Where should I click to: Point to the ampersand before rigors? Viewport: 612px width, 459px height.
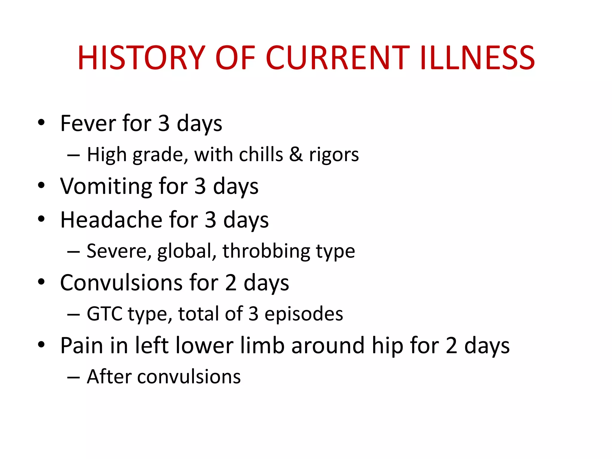[296, 154]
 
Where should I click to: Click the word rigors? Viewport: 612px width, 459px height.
[334, 155]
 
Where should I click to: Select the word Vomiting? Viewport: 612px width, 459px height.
[106, 186]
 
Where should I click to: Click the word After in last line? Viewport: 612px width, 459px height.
[109, 377]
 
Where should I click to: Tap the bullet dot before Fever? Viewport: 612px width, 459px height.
[41, 123]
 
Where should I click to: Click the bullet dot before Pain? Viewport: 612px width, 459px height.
[41, 345]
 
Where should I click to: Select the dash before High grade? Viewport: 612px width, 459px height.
[73, 155]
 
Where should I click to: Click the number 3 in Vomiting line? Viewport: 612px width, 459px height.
[200, 186]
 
